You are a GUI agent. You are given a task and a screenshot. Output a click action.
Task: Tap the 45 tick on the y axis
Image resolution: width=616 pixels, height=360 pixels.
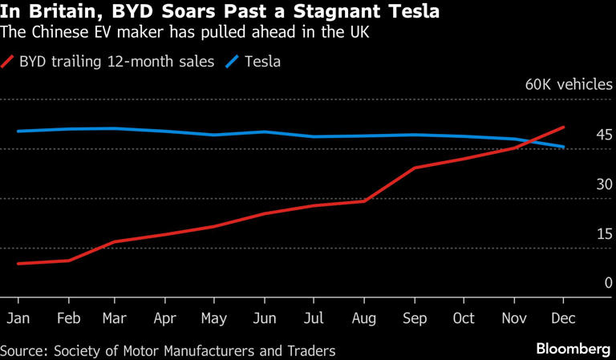tap(605, 134)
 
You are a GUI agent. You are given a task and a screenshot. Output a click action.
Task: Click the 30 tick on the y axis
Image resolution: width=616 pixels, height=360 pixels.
tap(605, 184)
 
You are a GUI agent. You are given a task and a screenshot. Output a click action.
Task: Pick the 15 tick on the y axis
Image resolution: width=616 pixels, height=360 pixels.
tap(605, 233)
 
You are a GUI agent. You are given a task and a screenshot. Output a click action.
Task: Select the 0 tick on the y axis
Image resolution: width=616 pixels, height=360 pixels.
tap(609, 282)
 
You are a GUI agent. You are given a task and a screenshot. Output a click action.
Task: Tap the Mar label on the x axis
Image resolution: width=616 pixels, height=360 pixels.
tap(115, 318)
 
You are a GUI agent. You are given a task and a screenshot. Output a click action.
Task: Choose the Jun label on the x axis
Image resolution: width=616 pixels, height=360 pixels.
tap(264, 318)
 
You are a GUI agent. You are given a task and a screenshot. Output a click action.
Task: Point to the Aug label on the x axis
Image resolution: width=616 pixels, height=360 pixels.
tap(364, 318)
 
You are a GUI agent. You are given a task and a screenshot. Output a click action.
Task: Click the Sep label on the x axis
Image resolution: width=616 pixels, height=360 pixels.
tap(414, 318)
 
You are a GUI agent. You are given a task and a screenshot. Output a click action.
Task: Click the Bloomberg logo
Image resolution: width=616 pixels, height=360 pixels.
tap(572, 350)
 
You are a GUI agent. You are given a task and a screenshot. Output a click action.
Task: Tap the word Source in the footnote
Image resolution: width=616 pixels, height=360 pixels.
tap(22, 350)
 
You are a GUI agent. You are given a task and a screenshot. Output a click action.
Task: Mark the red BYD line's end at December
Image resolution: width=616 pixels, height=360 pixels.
tap(565, 127)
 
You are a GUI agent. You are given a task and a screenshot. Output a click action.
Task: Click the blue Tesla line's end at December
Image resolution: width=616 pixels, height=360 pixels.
tap(565, 147)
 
